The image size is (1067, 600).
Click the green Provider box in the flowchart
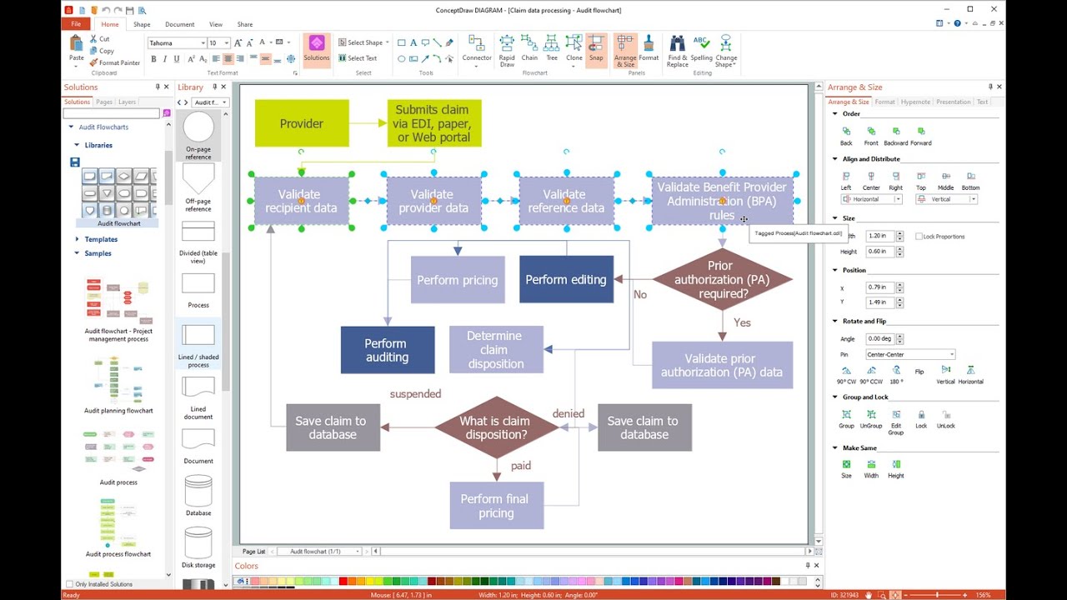click(301, 123)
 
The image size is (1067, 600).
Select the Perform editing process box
click(566, 279)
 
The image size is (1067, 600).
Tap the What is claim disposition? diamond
click(495, 427)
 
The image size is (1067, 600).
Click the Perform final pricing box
click(496, 506)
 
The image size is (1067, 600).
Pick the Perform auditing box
click(387, 350)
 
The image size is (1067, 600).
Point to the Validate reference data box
click(566, 201)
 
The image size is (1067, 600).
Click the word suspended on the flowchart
click(415, 393)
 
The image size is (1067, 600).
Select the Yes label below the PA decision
click(742, 322)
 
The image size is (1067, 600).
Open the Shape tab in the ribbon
click(142, 24)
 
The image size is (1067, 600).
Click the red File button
click(76, 24)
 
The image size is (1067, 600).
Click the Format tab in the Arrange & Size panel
click(884, 102)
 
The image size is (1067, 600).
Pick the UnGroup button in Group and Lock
click(871, 417)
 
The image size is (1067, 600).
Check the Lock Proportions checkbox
click(919, 237)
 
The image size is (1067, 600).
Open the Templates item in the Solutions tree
click(101, 239)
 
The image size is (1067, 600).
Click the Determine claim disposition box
click(495, 349)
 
